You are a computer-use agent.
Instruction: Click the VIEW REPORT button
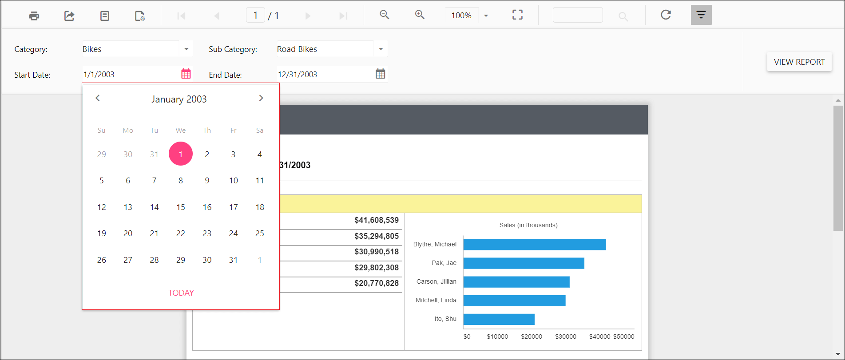point(799,62)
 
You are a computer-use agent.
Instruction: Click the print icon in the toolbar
point(34,16)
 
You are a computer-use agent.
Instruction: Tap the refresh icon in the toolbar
point(665,15)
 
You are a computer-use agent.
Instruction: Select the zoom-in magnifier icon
point(419,15)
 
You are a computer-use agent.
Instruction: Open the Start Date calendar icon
point(186,74)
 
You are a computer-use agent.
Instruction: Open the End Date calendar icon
point(381,74)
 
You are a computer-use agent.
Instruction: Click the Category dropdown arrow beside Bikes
point(186,49)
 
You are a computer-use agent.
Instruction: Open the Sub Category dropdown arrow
point(381,49)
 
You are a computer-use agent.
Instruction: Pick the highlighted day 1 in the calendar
point(181,154)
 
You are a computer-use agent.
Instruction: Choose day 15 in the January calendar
point(181,207)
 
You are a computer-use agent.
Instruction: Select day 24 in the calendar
point(234,233)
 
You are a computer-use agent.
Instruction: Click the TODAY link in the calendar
point(181,293)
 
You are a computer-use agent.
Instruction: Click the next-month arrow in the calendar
point(261,98)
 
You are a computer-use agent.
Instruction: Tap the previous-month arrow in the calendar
point(98,98)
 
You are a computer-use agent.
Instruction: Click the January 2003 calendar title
point(179,99)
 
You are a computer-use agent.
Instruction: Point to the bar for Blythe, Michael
point(534,245)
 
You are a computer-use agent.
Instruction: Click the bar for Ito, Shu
point(499,319)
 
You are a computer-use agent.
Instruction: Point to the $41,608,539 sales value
point(377,220)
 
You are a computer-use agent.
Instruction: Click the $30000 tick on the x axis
point(566,336)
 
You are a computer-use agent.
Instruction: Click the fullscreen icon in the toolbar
point(517,15)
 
